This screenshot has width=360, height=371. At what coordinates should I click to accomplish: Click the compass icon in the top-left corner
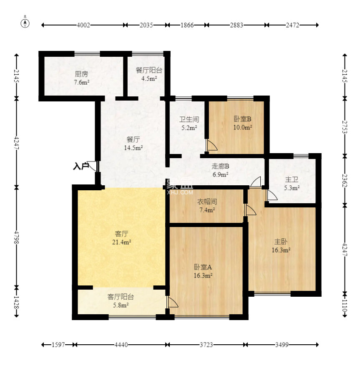pyautogui.click(x=25, y=23)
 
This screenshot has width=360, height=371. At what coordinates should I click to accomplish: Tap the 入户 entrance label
pyautogui.click(x=81, y=166)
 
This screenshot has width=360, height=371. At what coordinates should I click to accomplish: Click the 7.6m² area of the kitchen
pyautogui.click(x=82, y=82)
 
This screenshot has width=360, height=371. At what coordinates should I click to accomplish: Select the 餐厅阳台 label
pyautogui.click(x=149, y=70)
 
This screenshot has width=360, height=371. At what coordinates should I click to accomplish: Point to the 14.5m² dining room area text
pyautogui.click(x=133, y=148)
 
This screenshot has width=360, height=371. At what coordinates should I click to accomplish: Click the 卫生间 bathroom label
pyautogui.click(x=189, y=119)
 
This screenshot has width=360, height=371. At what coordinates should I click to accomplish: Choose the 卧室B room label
pyautogui.click(x=242, y=119)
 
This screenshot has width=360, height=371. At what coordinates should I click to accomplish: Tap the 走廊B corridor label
pyautogui.click(x=220, y=167)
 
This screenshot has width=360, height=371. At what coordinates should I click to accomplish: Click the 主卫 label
pyautogui.click(x=292, y=179)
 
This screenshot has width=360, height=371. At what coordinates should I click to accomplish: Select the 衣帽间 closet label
pyautogui.click(x=207, y=202)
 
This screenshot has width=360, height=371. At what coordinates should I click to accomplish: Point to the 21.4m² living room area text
pyautogui.click(x=121, y=242)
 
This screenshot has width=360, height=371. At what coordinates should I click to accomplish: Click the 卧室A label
pyautogui.click(x=203, y=267)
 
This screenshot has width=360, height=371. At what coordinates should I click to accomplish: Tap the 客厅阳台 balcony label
pyautogui.click(x=121, y=297)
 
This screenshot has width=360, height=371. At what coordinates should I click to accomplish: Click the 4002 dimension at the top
pyautogui.click(x=83, y=25)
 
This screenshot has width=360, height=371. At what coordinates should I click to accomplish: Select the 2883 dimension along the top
pyautogui.click(x=237, y=25)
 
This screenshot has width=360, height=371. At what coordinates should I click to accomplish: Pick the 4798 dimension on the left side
pyautogui.click(x=16, y=237)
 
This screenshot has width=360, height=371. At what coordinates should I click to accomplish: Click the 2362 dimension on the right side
pyautogui.click(x=345, y=181)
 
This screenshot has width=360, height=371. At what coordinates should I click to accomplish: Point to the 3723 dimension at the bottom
pyautogui.click(x=206, y=345)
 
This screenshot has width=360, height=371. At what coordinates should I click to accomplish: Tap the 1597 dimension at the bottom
pyautogui.click(x=58, y=345)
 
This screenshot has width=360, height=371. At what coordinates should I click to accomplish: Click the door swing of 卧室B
pyautogui.click(x=211, y=145)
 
